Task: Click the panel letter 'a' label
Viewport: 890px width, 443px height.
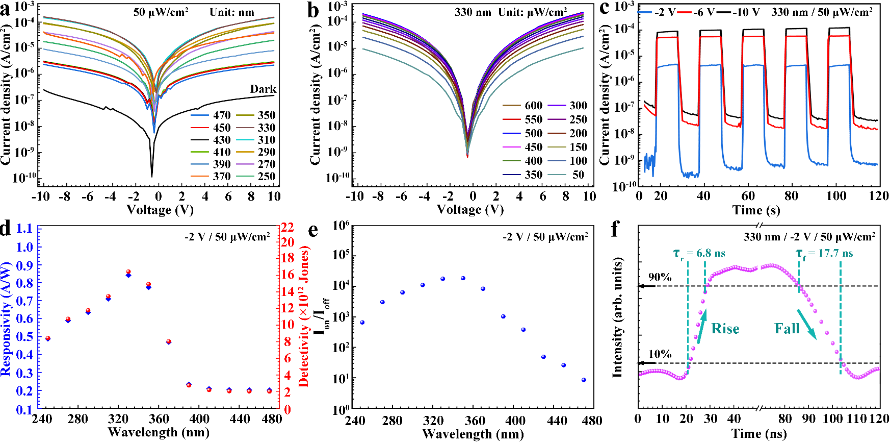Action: tap(6, 10)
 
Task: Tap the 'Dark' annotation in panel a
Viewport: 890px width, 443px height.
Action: tap(263, 89)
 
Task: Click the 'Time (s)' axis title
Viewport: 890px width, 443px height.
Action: tap(756, 210)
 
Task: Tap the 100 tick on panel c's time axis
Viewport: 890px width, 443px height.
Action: tap(836, 196)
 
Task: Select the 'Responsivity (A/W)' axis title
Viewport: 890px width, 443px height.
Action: tap(6, 319)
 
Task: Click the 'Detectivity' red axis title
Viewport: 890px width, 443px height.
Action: tap(304, 316)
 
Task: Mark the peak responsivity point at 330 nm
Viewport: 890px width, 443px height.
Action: tap(128, 275)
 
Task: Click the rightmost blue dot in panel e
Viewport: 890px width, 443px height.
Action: tap(584, 380)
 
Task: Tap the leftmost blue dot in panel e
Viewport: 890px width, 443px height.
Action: tap(362, 323)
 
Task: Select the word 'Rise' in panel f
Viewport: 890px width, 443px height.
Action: tap(725, 329)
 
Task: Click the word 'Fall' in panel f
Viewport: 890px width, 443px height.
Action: tap(787, 329)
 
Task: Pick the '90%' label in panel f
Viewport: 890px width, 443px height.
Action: tap(660, 277)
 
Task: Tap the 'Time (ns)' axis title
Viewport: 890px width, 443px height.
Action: tap(759, 434)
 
